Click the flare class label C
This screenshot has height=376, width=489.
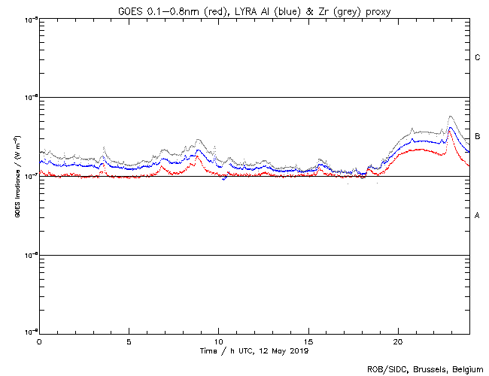click(x=478, y=58)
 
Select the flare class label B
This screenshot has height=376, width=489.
click(x=478, y=136)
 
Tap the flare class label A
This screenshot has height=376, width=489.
click(x=478, y=216)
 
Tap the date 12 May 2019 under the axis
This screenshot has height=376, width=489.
click(x=281, y=351)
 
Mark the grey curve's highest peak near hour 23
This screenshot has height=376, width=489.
click(x=450, y=117)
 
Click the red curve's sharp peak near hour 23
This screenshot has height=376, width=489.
click(x=450, y=129)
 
